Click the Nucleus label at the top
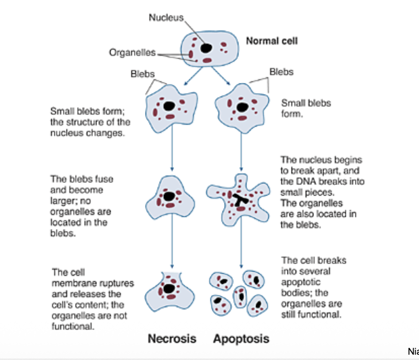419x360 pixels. click(x=166, y=17)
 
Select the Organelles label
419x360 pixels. click(x=132, y=52)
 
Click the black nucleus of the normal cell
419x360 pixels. click(x=206, y=48)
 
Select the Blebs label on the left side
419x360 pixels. click(x=143, y=74)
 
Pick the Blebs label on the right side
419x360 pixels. click(x=281, y=72)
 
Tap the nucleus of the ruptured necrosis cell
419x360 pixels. click(x=169, y=288)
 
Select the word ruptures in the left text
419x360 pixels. click(x=119, y=283)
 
